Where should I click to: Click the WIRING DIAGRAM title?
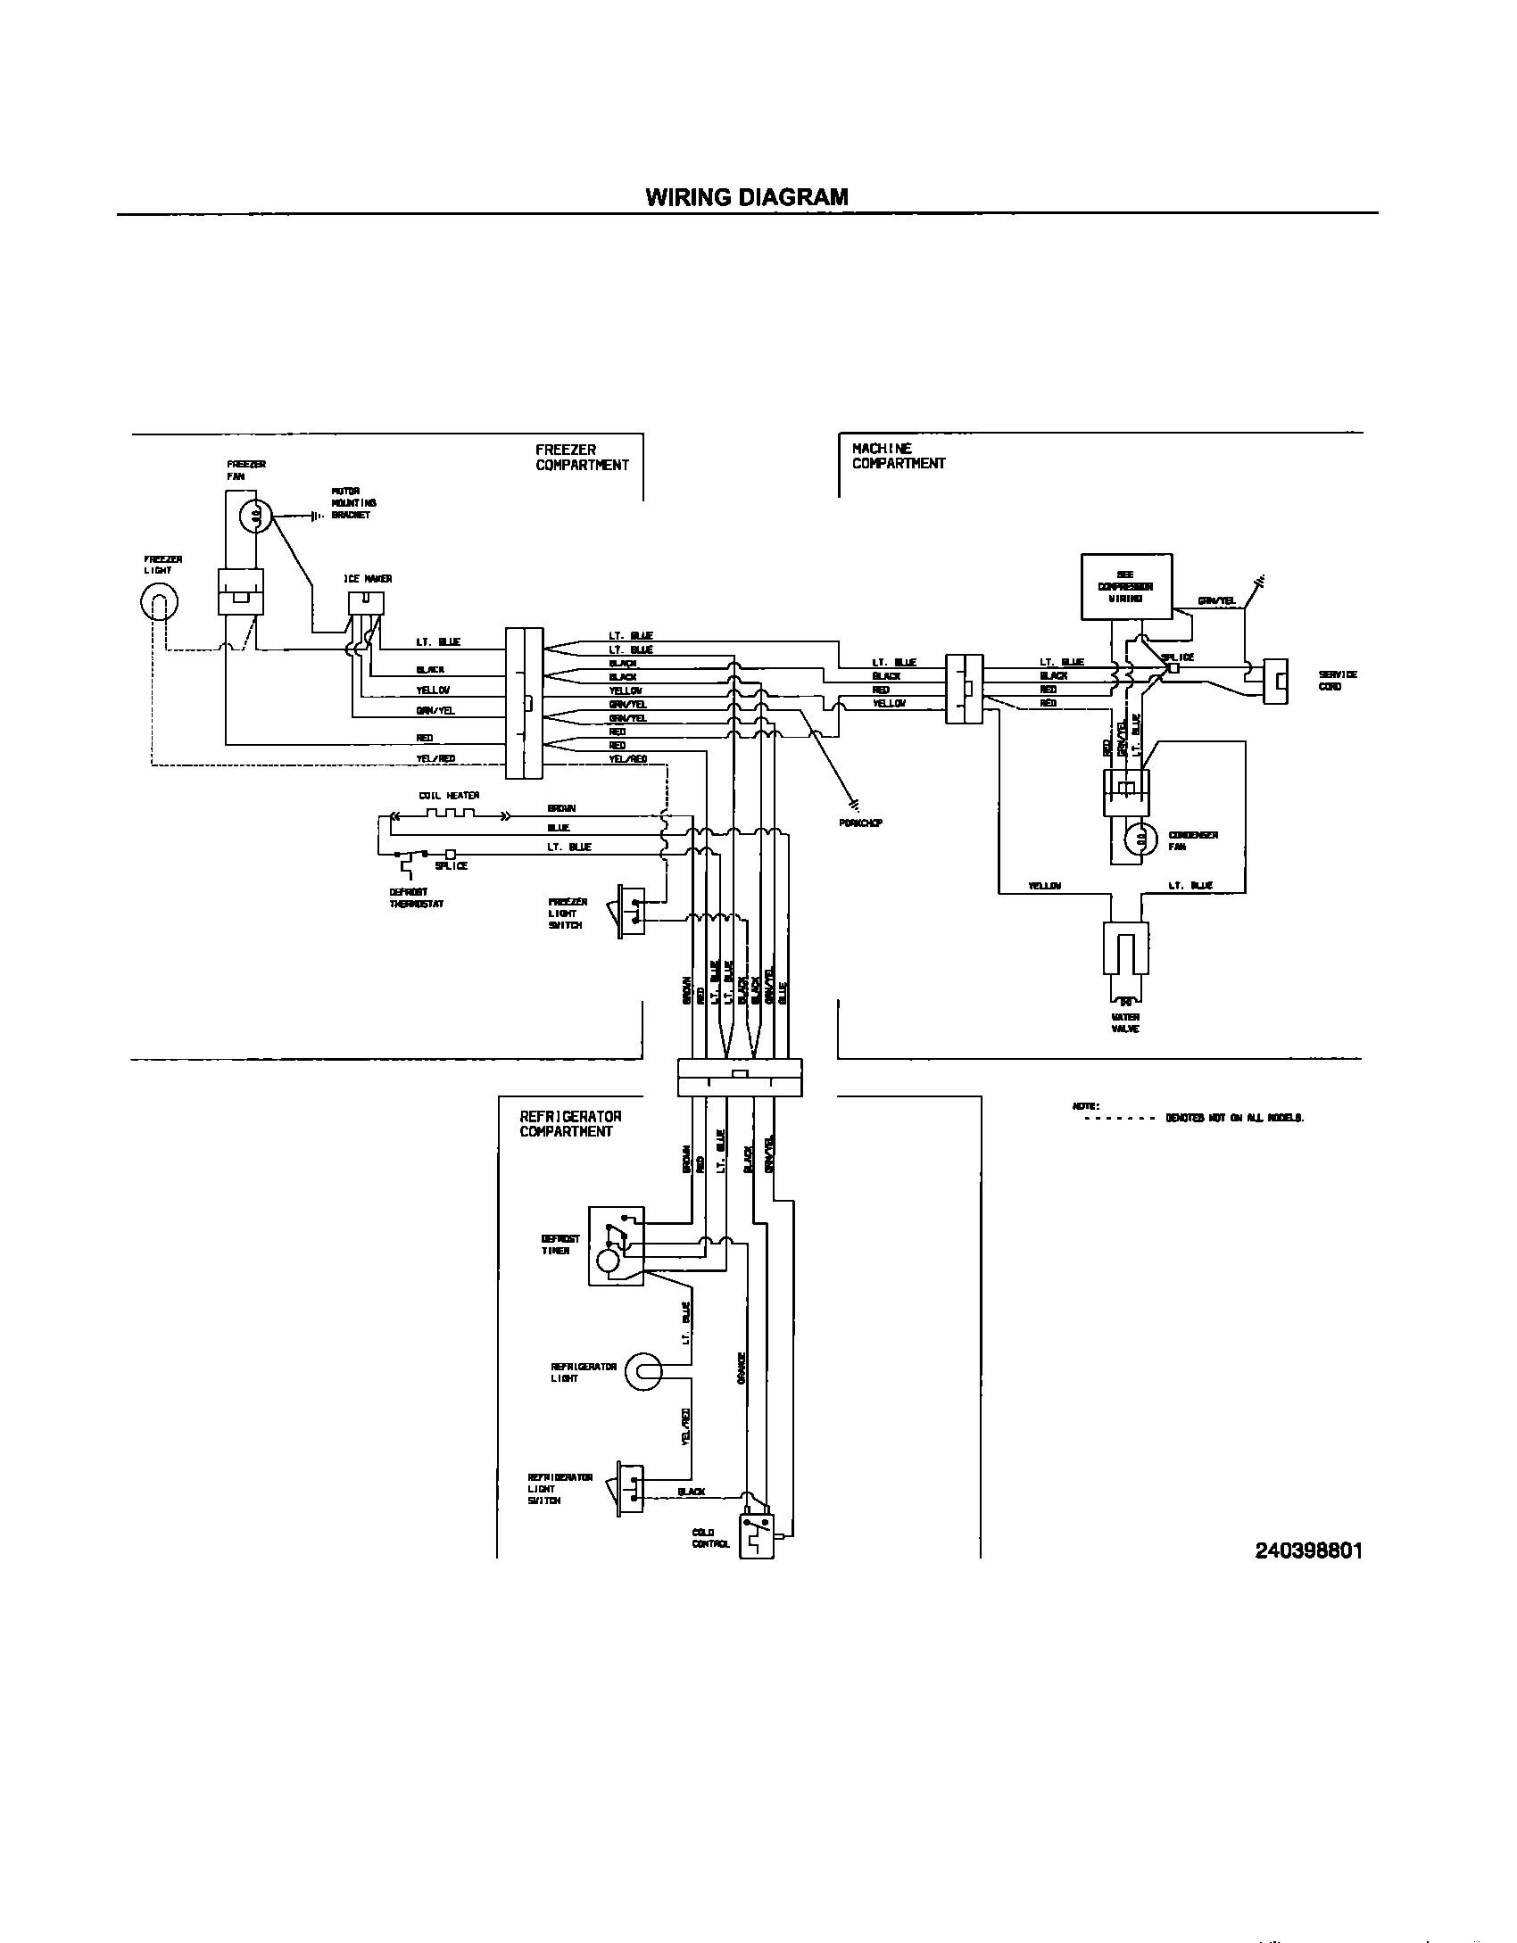747,197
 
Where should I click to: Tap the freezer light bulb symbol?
159,603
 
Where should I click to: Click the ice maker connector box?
365,604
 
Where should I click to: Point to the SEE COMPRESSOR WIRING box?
1125,586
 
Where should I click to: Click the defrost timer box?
615,1246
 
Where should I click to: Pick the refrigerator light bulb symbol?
643,1372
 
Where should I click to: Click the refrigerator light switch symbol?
629,1487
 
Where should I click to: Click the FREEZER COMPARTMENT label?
582,458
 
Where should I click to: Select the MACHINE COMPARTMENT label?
898,456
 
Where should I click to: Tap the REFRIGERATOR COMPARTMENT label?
570,1124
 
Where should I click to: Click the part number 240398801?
1308,1550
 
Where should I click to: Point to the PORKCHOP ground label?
860,823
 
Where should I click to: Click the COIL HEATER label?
450,796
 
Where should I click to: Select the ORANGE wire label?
741,1367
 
